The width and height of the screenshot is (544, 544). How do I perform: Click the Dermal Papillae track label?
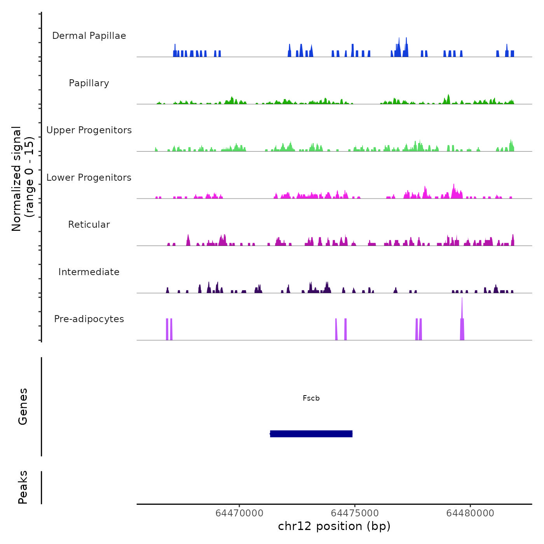coord(89,36)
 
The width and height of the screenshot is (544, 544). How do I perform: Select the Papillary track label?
coord(89,83)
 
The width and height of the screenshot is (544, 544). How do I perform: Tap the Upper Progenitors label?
coord(89,130)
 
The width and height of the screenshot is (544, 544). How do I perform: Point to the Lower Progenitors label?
coord(89,178)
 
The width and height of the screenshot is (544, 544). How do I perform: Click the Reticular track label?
coord(89,225)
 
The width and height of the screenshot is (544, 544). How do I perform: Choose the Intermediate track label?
coord(89,272)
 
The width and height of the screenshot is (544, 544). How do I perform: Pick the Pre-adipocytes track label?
coord(89,319)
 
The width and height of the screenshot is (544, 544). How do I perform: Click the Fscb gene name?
coord(311,398)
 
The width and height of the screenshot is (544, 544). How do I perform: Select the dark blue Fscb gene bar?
coord(311,434)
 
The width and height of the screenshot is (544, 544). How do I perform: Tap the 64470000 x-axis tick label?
coord(239,513)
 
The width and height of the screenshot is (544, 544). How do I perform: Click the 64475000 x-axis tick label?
coord(355,513)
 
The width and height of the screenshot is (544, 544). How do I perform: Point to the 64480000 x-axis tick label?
coord(470,513)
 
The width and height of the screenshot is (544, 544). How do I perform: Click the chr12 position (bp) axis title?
coord(334,526)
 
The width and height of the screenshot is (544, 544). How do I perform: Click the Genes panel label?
coord(23,406)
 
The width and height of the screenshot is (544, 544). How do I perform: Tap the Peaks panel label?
coord(23,487)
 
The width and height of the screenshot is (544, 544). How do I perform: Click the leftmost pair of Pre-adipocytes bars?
coord(169,329)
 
